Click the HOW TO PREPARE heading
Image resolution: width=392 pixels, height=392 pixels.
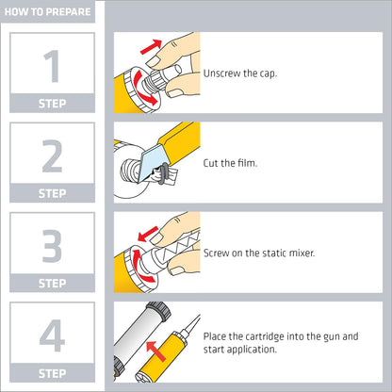click(47, 12)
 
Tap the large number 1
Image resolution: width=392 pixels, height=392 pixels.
click(52, 66)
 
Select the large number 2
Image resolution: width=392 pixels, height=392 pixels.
click(52, 156)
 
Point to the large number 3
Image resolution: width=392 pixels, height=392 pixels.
click(52, 246)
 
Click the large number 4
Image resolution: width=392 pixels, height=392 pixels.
click(52, 335)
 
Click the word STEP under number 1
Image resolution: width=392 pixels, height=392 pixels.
click(52, 104)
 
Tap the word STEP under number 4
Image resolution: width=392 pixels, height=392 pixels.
click(52, 373)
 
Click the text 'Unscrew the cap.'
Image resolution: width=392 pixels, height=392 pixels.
click(240, 73)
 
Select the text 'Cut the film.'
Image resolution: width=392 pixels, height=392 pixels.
click(230, 163)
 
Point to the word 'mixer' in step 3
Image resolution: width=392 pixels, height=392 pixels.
click(302, 253)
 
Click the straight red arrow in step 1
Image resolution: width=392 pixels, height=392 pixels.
click(151, 47)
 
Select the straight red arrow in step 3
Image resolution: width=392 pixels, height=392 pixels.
click(148, 234)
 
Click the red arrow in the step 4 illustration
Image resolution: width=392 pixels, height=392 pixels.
click(155, 351)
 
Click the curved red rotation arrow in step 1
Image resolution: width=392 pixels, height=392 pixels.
click(143, 88)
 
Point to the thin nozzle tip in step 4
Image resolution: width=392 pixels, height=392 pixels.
click(192, 326)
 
